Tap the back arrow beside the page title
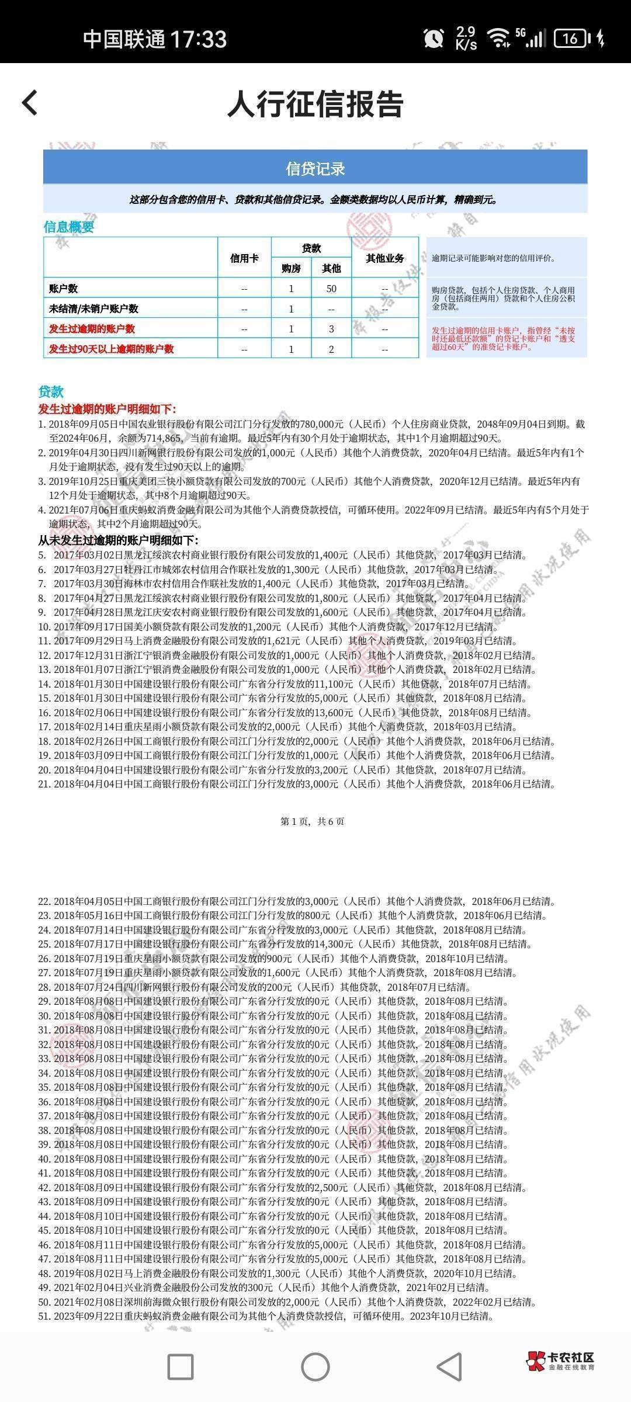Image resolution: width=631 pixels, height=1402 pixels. [30, 103]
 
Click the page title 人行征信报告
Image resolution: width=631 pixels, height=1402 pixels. [315, 105]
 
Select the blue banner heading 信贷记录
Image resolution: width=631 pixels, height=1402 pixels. [315, 169]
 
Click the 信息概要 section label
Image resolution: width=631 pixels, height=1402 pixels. [69, 227]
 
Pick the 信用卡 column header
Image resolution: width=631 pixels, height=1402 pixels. [244, 258]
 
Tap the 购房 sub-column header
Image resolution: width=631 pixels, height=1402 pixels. [291, 268]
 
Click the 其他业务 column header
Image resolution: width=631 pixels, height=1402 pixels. [384, 258]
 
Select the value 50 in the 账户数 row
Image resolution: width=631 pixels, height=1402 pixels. [331, 289]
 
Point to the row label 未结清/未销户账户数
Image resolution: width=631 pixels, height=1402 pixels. [94, 308]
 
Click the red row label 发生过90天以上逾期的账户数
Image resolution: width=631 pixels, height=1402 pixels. [112, 349]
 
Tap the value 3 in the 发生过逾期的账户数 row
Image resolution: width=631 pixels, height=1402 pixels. [331, 329]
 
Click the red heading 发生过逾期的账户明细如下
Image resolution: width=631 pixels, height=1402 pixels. [107, 409]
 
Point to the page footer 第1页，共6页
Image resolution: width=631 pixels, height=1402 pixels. [313, 821]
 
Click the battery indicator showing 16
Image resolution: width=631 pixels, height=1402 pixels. [571, 39]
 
